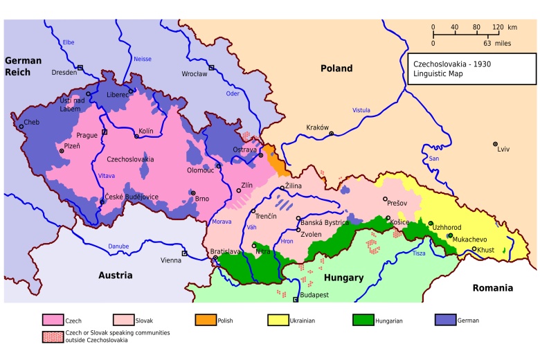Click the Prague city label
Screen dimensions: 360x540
(x=87, y=135)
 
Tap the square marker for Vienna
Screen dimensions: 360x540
(x=184, y=253)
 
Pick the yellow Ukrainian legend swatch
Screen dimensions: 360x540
(x=278, y=321)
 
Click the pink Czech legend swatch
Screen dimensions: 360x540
(x=53, y=321)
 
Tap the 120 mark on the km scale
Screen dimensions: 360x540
(x=497, y=27)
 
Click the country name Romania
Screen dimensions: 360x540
(x=492, y=287)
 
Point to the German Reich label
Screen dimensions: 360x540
(x=23, y=66)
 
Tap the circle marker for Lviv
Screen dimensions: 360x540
(x=495, y=144)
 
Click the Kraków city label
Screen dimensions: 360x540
(x=316, y=127)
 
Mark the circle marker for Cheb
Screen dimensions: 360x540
(x=21, y=123)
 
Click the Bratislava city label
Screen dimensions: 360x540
(x=224, y=252)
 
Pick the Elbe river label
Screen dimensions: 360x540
(x=69, y=42)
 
